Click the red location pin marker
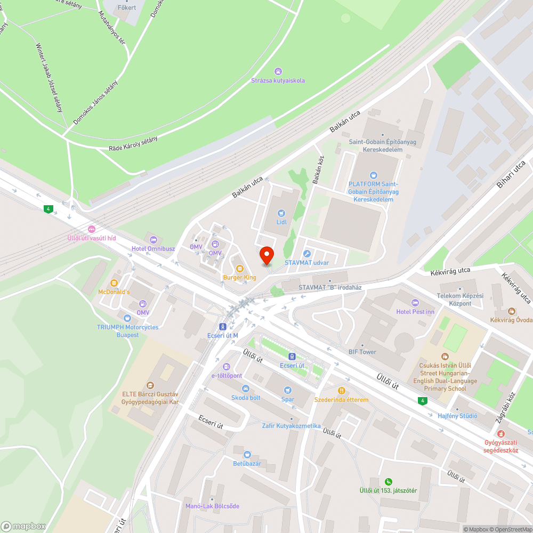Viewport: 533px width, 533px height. (x=266, y=255)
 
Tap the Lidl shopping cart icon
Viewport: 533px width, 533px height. (x=281, y=213)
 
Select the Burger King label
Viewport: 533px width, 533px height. (x=239, y=278)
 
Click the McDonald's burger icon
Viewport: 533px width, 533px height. (x=114, y=282)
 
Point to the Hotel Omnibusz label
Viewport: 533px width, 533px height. (x=154, y=249)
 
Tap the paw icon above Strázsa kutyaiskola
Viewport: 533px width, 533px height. (x=278, y=71)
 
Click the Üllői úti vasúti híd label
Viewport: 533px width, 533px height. (x=91, y=238)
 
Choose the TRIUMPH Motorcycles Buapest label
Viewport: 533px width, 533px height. (x=127, y=331)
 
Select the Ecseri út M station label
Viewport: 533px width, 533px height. (x=222, y=335)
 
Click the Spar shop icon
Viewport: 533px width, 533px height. (x=288, y=390)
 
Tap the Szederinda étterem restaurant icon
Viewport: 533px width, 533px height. (x=341, y=390)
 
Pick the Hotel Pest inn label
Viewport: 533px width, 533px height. (x=415, y=311)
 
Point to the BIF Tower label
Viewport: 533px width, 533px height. (x=362, y=352)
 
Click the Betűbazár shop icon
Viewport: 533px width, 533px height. (x=247, y=454)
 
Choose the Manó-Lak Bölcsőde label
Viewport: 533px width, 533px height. (x=212, y=506)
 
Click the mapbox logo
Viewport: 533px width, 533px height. (x=23, y=526)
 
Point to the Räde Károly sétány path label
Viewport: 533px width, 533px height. (x=133, y=144)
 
